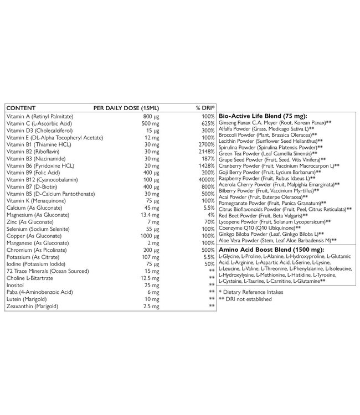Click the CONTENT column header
[x=20, y=107]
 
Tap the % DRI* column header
[x=205, y=107]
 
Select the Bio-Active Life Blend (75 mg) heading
[x=260, y=114]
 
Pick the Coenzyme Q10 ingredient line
[x=260, y=227]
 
